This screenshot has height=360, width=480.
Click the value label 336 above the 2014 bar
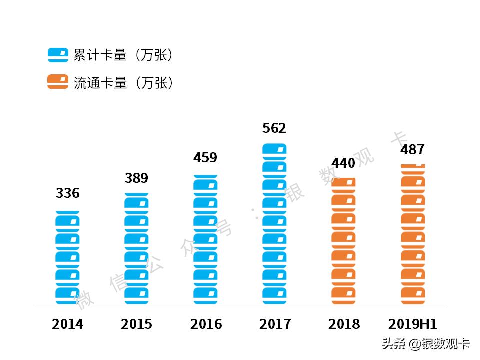click(x=67, y=193)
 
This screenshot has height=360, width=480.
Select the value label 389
click(x=136, y=178)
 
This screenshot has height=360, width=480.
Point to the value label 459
click(x=205, y=158)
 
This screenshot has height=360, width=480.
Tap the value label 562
click(x=274, y=128)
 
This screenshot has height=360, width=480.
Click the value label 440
click(x=343, y=163)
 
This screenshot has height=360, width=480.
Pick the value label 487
click(x=412, y=149)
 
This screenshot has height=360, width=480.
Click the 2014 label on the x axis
click(x=67, y=324)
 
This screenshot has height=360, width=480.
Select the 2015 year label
click(x=136, y=324)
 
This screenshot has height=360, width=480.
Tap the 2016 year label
click(x=206, y=324)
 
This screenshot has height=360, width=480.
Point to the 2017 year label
click(x=275, y=324)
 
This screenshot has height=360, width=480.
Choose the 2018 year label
click(x=344, y=324)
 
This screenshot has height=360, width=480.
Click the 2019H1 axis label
click(x=413, y=324)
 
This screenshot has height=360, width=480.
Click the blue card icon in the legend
click(x=58, y=55)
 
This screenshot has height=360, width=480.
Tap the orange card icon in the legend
click(x=58, y=82)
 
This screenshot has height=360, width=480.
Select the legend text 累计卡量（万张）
click(x=123, y=55)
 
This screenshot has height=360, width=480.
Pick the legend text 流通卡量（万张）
click(x=123, y=83)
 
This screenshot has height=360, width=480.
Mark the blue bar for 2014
click(x=67, y=257)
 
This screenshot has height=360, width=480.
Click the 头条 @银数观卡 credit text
click(x=425, y=344)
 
